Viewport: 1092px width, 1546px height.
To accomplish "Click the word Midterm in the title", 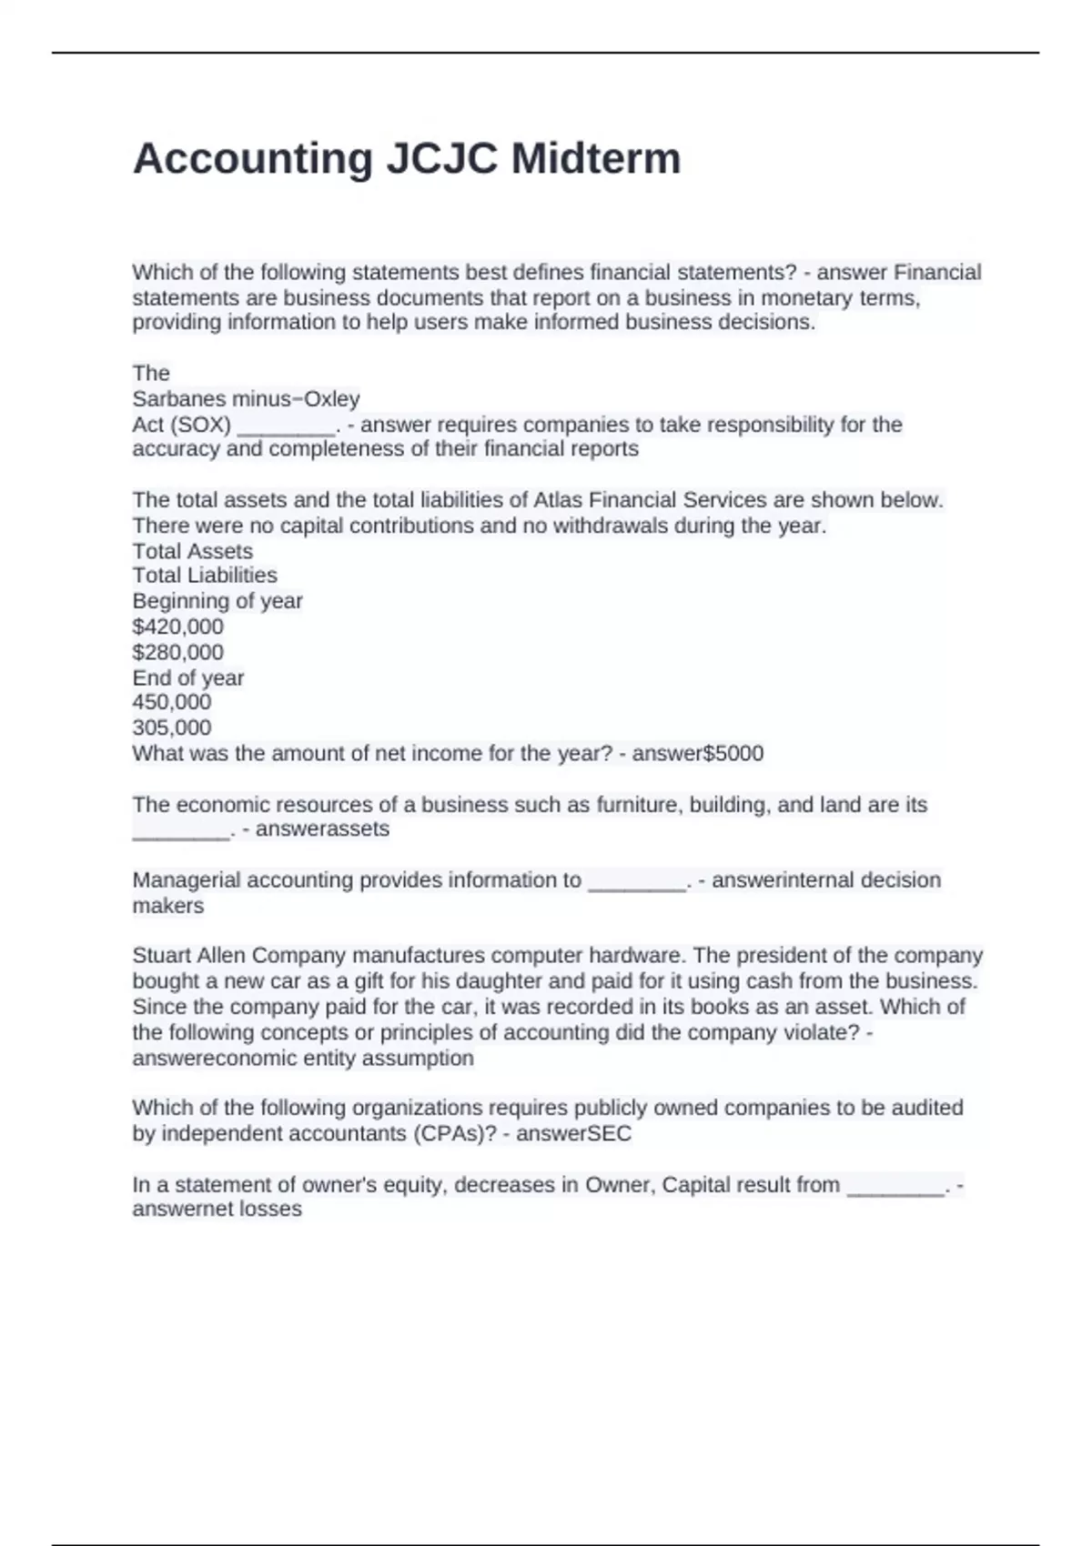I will [595, 159].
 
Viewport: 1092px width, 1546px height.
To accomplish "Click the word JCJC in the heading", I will [442, 159].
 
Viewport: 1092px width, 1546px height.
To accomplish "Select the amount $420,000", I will [177, 627].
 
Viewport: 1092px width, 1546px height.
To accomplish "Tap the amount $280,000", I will [177, 652].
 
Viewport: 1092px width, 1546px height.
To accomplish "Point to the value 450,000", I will [171, 702].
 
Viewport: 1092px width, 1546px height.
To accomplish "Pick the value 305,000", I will [171, 728].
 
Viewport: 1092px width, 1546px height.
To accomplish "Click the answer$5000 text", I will [698, 753].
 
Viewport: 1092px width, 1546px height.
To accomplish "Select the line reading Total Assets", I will [192, 551].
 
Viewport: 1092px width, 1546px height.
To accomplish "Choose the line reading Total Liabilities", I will [205, 576].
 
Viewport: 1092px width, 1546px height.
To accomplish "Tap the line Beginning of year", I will [217, 601].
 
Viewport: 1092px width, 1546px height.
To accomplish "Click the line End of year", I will [187, 678].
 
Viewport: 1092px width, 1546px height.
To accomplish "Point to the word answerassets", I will [322, 829].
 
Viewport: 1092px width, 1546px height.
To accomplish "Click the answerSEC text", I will [573, 1134].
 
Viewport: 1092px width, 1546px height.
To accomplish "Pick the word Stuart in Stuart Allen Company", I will [161, 956].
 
